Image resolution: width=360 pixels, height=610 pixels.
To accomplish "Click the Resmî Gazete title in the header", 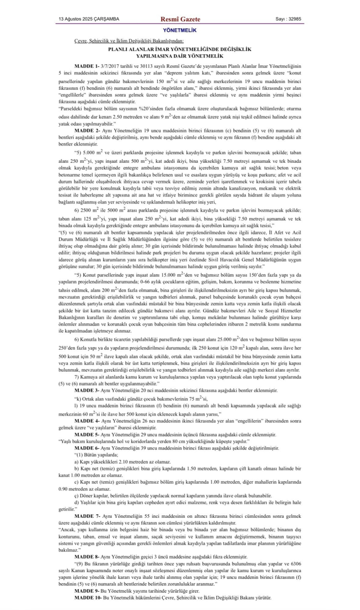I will tap(180, 19).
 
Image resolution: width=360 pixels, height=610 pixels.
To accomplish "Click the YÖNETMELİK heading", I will tap(180, 30).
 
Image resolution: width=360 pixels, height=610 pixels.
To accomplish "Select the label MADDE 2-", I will tap(86, 131).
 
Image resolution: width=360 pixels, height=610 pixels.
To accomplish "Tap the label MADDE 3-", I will tap(86, 391).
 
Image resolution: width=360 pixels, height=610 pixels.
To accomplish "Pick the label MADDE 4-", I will tap(86, 421).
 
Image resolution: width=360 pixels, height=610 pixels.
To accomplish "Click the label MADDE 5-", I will tap(86, 435).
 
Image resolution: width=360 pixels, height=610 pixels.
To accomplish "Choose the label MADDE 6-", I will tap(86, 448).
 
